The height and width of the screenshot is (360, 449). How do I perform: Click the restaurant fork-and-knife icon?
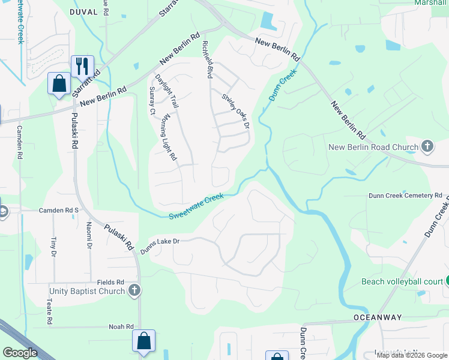(82, 65)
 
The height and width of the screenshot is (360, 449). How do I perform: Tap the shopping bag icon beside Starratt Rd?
(59, 83)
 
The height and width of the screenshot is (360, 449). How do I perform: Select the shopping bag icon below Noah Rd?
(144, 341)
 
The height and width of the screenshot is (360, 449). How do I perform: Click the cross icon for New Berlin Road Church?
(427, 146)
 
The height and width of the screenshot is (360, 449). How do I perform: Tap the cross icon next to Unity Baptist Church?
(134, 291)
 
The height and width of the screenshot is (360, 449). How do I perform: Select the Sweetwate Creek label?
(196, 206)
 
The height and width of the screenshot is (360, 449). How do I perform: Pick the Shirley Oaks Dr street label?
(235, 110)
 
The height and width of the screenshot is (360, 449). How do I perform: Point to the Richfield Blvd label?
(209, 60)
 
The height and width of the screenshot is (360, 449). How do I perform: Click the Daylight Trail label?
(167, 91)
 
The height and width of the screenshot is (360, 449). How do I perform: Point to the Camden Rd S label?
(59, 210)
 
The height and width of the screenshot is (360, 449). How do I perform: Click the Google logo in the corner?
(20, 352)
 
